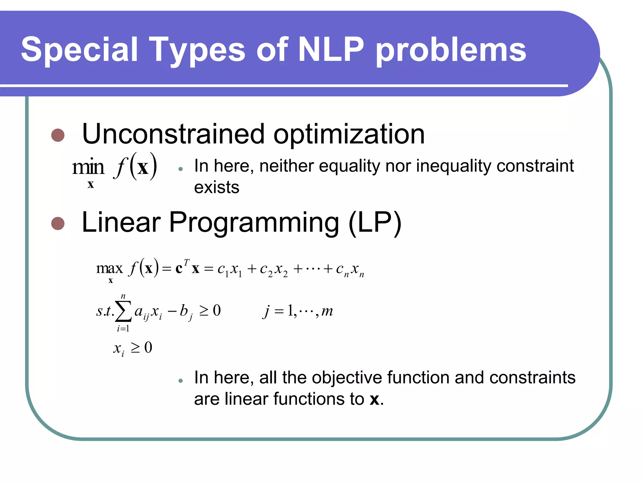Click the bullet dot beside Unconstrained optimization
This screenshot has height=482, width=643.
pyautogui.click(x=58, y=135)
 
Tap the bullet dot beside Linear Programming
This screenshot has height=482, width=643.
pyautogui.click(x=58, y=223)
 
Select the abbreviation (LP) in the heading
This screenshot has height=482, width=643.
pyautogui.click(x=375, y=223)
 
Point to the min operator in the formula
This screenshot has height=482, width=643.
pyautogui.click(x=88, y=167)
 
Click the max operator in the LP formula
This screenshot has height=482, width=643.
pyautogui.click(x=109, y=269)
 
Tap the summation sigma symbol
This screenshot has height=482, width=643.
pyautogui.click(x=123, y=312)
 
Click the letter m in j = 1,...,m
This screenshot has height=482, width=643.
pyautogui.click(x=327, y=311)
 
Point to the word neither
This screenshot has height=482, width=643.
pyautogui.click(x=286, y=166)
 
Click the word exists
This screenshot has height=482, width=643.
pyautogui.click(x=217, y=188)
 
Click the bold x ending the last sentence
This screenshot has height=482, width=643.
pyautogui.click(x=374, y=399)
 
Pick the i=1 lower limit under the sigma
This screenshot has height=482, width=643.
pyautogui.click(x=123, y=329)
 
